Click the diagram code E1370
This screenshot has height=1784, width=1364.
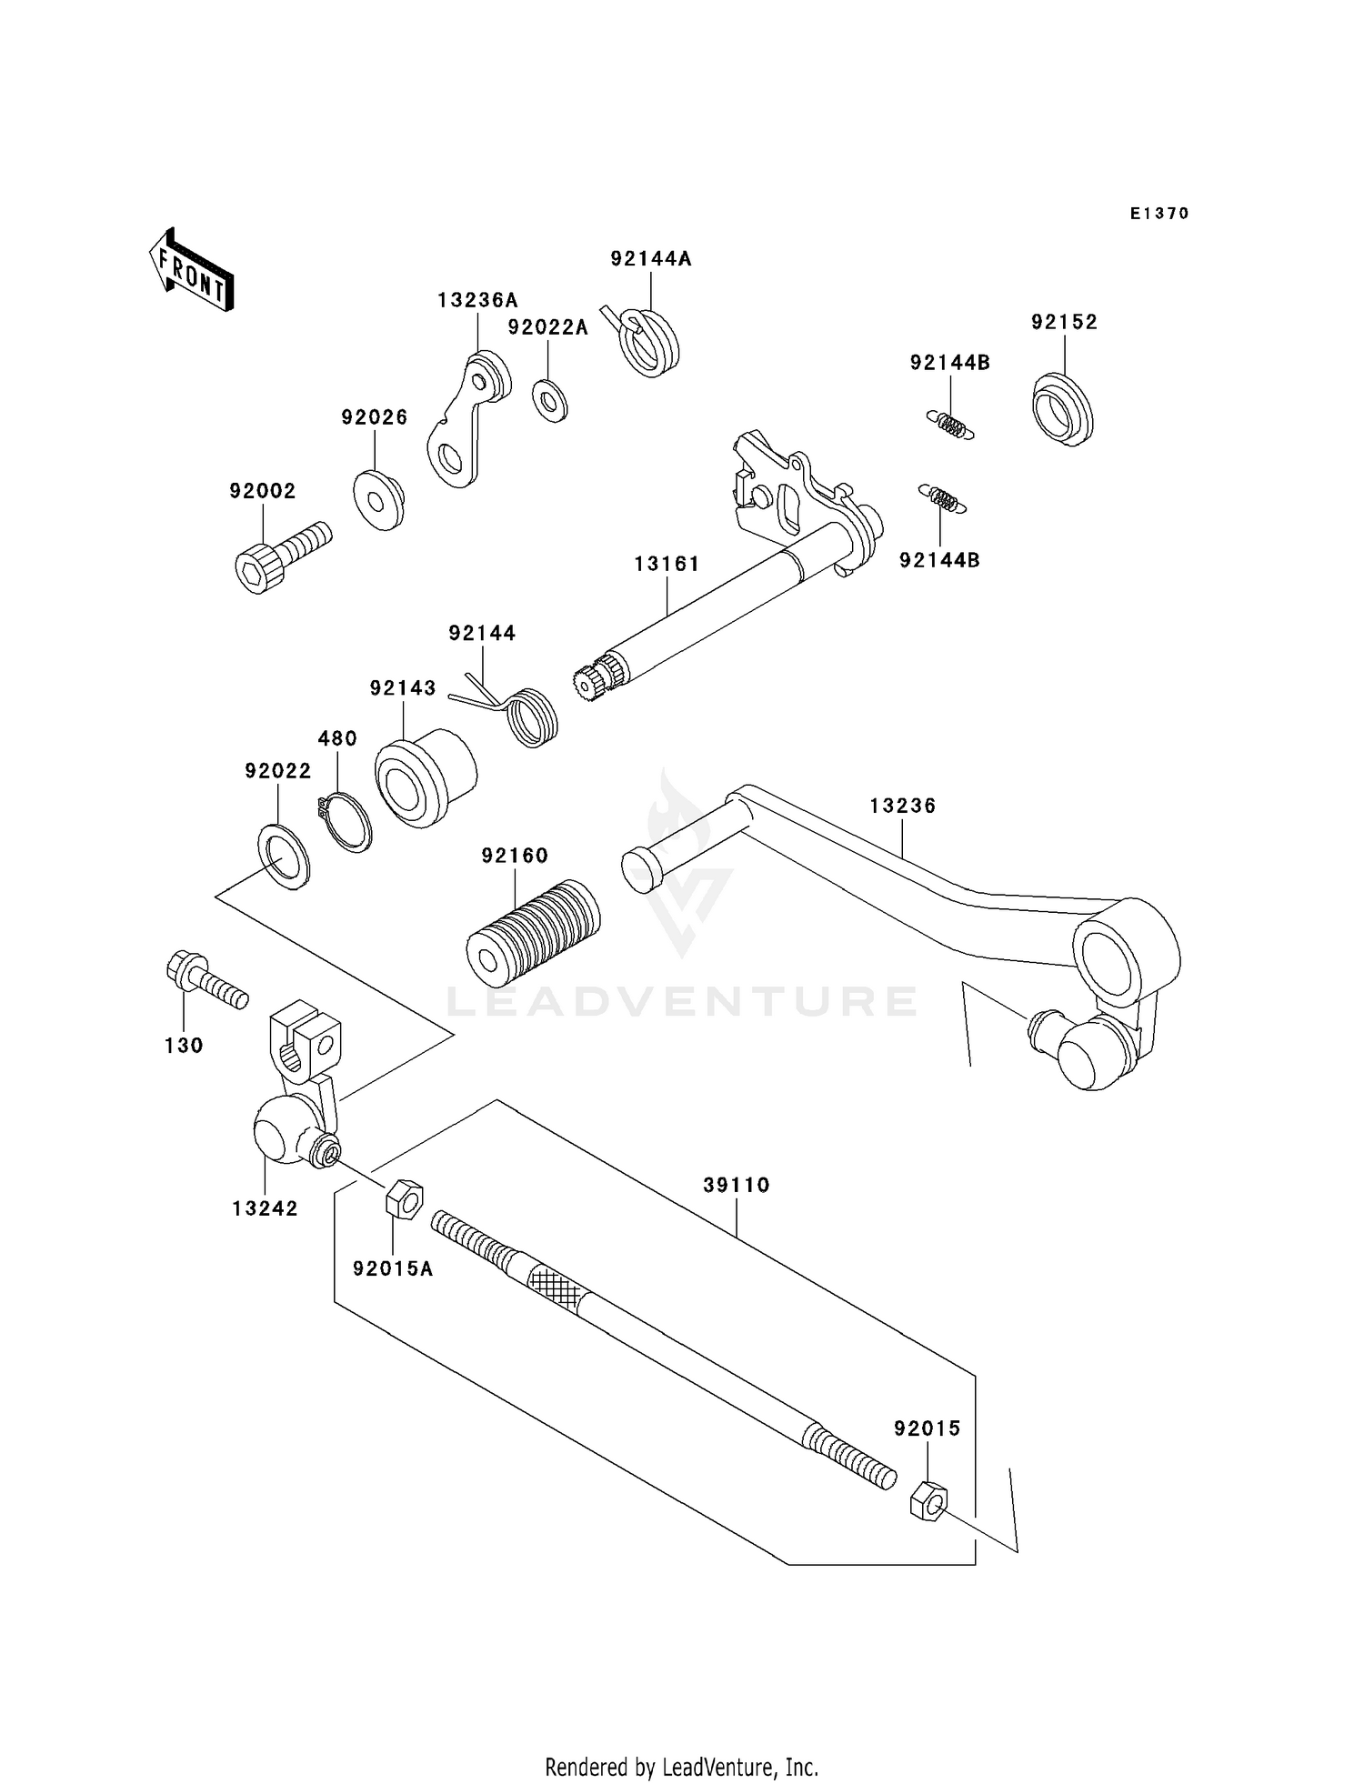tap(1159, 214)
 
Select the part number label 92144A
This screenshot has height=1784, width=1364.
tap(650, 259)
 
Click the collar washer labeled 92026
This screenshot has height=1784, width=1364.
tap(378, 499)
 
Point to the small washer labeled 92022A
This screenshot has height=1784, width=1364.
tap(550, 401)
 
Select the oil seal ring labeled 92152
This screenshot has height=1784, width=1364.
tap(1062, 409)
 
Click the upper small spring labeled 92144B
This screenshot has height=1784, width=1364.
tap(950, 426)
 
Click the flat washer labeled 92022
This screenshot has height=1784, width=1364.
tap(285, 857)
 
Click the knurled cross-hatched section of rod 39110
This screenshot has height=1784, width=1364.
tap(554, 1284)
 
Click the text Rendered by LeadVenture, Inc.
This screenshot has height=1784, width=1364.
tap(681, 1767)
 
